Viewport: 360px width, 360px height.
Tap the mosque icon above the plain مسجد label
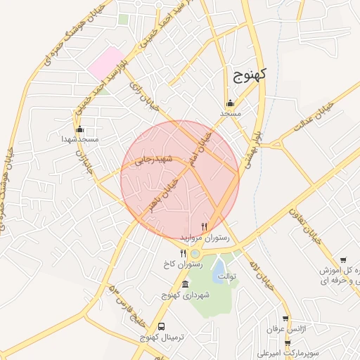[231, 103]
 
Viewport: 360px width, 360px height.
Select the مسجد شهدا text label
[79, 139]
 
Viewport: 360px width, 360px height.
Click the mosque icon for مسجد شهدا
[79, 129]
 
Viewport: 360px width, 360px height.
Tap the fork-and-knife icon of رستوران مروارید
[204, 226]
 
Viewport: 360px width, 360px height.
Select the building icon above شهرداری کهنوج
[185, 284]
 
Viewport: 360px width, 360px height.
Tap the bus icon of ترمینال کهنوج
[162, 327]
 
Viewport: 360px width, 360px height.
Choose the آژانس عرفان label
[283, 329]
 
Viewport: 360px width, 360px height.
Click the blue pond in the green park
[219, 268]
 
